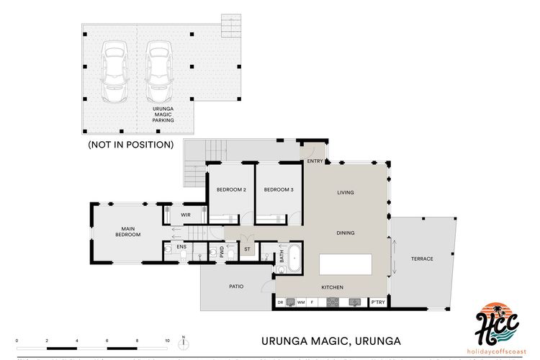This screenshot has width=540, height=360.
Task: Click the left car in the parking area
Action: (x=114, y=71)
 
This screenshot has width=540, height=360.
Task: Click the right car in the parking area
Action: (x=158, y=71)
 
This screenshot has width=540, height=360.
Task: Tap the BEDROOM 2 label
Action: (x=231, y=189)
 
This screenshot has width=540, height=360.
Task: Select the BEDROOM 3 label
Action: (x=279, y=189)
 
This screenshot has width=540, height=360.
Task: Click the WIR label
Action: (x=185, y=215)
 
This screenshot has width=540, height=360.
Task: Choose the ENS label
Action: (x=182, y=247)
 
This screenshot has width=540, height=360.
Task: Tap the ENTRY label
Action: (x=315, y=161)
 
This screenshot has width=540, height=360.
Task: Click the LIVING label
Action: (x=346, y=192)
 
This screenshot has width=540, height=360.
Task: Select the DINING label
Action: (x=346, y=233)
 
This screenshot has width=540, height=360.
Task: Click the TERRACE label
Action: (x=422, y=258)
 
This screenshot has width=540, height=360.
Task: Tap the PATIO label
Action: (x=236, y=287)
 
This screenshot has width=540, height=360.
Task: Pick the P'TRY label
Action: (x=377, y=303)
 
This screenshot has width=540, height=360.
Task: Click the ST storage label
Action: (x=247, y=250)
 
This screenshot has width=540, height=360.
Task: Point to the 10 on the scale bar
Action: (x=167, y=339)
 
